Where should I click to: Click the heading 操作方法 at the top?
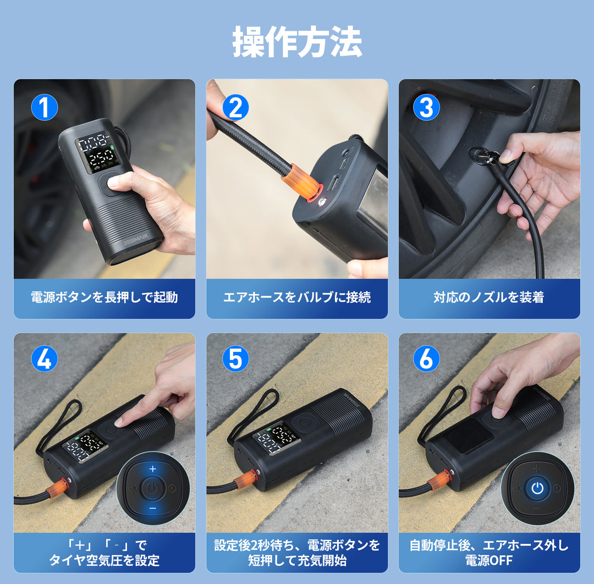[297, 42]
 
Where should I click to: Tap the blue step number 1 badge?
[45, 107]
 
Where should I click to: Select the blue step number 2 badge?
[235, 107]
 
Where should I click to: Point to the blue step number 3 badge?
[427, 107]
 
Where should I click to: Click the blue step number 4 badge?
[45, 359]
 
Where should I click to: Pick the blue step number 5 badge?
[235, 359]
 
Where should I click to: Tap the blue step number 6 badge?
[427, 359]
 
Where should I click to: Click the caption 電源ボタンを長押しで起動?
[104, 297]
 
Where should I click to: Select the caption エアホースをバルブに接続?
[297, 297]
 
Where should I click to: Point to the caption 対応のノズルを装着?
[489, 297]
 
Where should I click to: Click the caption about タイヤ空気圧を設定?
[104, 553]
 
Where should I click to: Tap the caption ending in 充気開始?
[297, 553]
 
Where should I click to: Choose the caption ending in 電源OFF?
[489, 553]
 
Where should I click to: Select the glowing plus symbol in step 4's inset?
[153, 469]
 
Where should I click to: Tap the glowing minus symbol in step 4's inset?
[153, 508]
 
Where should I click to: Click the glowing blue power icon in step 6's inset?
[537, 488]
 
